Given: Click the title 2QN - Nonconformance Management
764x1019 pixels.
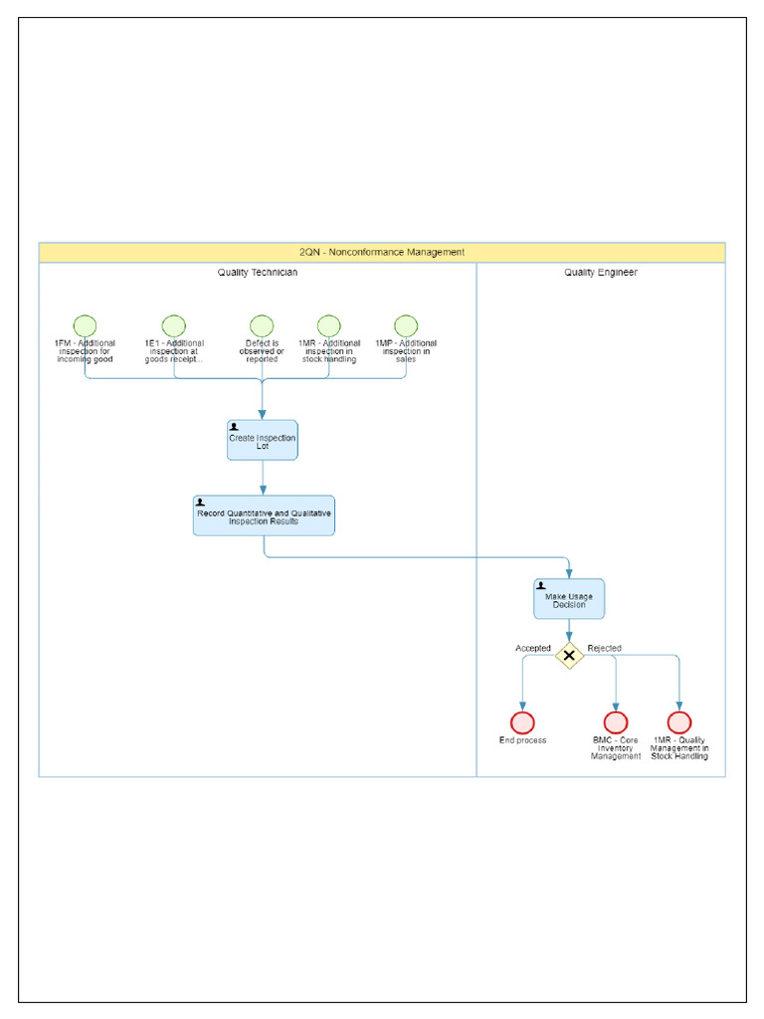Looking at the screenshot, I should (x=382, y=253).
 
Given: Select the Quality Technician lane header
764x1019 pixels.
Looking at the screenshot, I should (x=258, y=273).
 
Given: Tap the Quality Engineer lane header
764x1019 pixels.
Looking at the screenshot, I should (x=601, y=273).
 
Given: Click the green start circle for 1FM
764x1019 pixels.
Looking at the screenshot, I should (x=85, y=326).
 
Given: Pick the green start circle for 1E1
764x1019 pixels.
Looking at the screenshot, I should (x=174, y=326).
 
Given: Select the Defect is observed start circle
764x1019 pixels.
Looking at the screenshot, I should (x=262, y=326).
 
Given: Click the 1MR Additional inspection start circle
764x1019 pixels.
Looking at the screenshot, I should (x=329, y=326).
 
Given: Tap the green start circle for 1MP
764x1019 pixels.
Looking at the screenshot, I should (x=406, y=326).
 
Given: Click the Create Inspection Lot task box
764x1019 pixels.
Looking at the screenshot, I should (x=263, y=440).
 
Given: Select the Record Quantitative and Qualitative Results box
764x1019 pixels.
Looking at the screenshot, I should (x=264, y=516).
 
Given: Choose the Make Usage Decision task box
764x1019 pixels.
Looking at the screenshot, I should (x=569, y=600).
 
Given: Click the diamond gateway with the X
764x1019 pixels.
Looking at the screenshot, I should (x=569, y=656).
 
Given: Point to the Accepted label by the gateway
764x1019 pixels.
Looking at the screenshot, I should (x=532, y=649).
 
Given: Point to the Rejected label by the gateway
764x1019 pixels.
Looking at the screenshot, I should (x=604, y=649).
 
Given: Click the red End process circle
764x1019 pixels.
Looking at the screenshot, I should (x=522, y=723).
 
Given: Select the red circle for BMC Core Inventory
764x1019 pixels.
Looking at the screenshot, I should (x=616, y=723).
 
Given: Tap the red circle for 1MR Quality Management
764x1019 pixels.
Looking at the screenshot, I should (x=679, y=723).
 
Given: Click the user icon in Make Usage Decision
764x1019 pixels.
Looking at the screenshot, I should (x=540, y=586).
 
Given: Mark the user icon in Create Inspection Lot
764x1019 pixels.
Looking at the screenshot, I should (x=234, y=427).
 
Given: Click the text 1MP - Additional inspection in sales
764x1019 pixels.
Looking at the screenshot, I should (x=406, y=351).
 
